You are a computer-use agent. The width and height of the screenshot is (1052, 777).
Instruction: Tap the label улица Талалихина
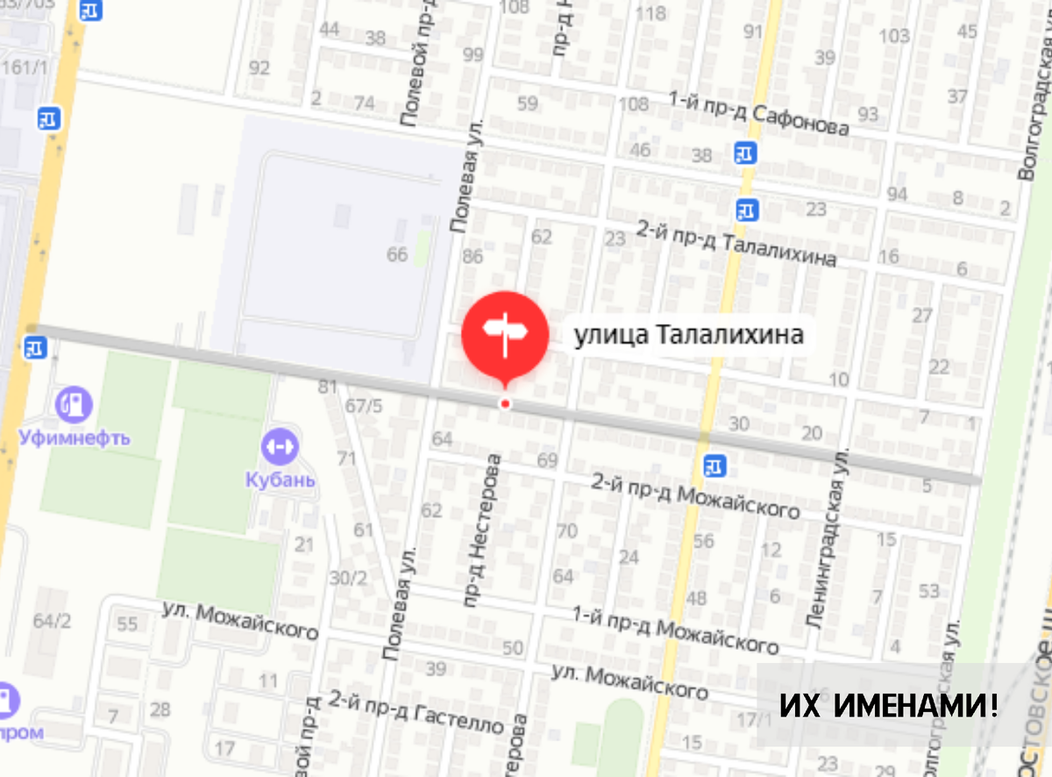688,335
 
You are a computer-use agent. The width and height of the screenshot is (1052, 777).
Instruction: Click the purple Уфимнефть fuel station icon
74,403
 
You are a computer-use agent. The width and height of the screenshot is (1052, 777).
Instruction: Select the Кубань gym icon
280,446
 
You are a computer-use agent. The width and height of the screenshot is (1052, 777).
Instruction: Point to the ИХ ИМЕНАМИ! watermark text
889,705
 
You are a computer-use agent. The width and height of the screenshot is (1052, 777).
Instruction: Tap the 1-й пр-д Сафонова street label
758,115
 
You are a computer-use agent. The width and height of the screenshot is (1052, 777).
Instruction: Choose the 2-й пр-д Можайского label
695,495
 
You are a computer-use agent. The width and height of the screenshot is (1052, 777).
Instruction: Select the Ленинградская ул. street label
828,538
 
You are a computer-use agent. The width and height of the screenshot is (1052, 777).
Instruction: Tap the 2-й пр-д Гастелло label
416,711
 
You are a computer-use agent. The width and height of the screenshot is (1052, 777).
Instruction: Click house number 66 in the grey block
398,254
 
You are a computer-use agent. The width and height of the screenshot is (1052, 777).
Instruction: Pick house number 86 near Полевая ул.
473,257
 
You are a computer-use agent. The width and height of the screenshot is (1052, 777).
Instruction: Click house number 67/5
364,405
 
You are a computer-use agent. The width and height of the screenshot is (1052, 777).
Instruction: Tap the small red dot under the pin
505,403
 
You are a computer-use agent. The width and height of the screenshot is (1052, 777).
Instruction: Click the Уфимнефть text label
74,438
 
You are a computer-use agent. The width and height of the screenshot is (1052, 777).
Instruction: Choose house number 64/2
52,621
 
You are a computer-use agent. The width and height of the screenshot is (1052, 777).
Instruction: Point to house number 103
894,36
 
